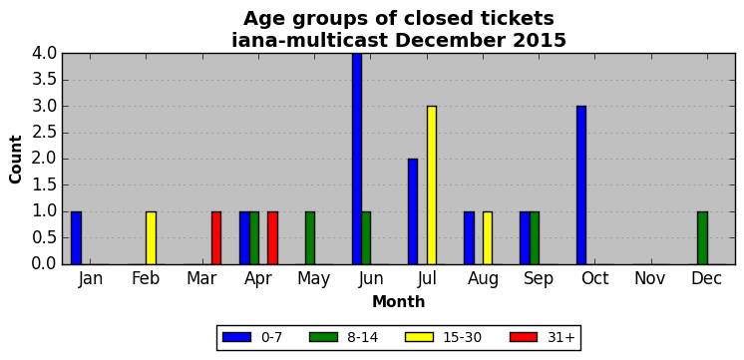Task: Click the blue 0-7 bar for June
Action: click(357, 159)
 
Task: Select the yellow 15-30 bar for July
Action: click(431, 184)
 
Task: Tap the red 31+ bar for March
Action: click(216, 237)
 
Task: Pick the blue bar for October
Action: click(581, 184)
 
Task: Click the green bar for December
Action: click(703, 237)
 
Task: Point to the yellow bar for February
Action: click(151, 237)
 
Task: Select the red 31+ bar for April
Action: click(272, 237)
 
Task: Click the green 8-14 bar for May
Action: click(310, 237)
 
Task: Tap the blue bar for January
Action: click(76, 237)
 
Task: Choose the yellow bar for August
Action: click(488, 237)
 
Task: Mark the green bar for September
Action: click(535, 237)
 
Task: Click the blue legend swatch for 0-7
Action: click(236, 337)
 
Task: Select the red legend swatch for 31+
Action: click(523, 337)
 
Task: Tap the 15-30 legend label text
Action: click(462, 337)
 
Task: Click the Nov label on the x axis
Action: click(650, 278)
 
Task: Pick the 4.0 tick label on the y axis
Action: click(44, 54)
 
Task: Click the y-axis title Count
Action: click(16, 159)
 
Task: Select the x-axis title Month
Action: click(399, 301)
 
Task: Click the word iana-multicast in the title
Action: click(310, 40)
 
